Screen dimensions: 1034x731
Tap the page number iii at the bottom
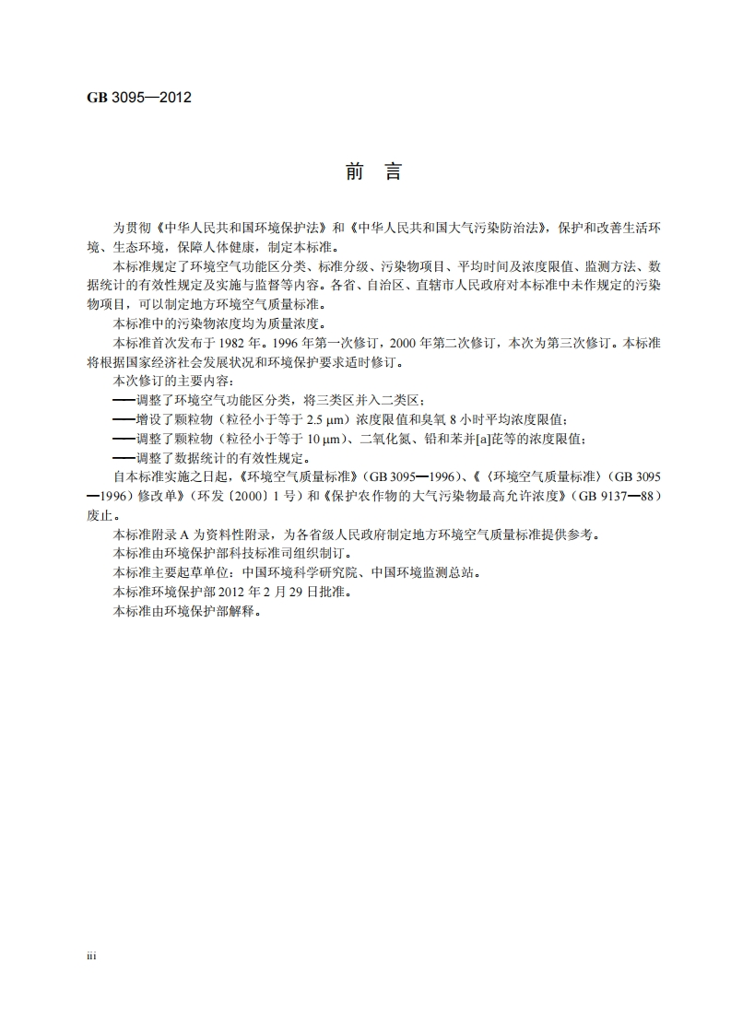click(91, 957)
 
